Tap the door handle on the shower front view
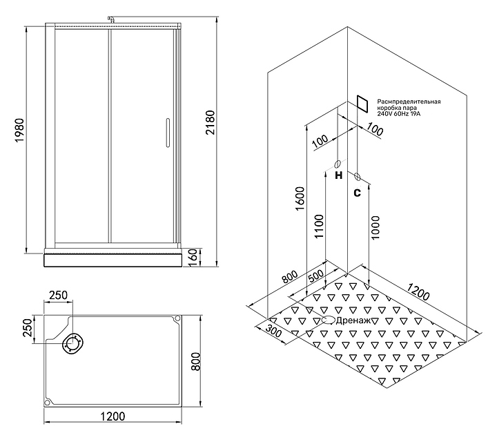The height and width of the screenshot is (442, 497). click(165, 133)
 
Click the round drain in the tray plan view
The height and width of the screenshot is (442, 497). click(72, 343)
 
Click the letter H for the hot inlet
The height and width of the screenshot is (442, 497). click(338, 176)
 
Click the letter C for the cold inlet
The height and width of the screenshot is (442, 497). click(357, 193)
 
